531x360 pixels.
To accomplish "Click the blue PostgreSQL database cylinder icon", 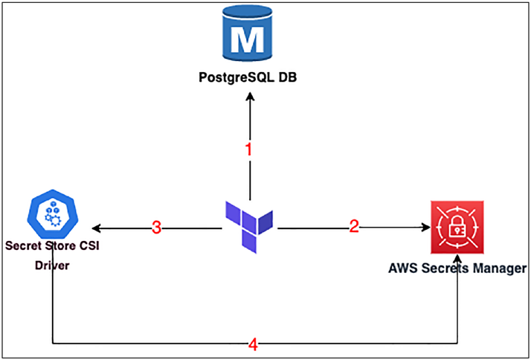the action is pos(248,33).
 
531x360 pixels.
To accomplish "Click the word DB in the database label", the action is pos(287,77).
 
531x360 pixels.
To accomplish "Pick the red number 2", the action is pos(354,225).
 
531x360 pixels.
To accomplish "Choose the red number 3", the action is pos(156,228).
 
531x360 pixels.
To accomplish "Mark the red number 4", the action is pos(254,346).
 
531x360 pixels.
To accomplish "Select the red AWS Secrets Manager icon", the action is pos(457,227).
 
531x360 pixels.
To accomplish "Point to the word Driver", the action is pos(52,266).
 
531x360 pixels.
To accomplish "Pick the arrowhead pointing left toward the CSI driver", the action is pos(97,228).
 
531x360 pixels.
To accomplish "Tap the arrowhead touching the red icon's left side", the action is pos(425,228).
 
